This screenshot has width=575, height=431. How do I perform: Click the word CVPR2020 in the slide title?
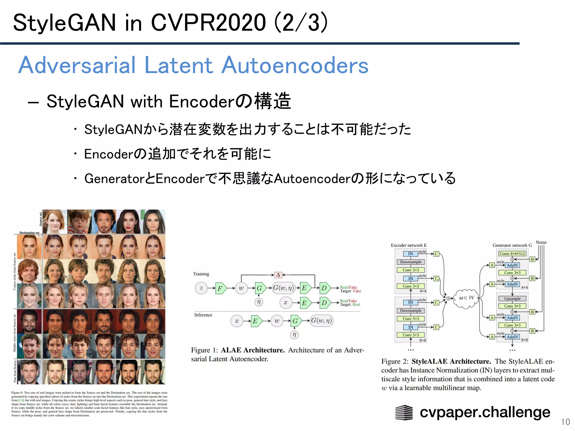[x=208, y=23]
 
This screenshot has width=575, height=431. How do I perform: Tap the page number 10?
[x=565, y=422]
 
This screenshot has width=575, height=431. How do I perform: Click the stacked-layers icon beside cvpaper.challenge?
[x=404, y=412]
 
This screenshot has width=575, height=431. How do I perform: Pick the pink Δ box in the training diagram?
[x=278, y=275]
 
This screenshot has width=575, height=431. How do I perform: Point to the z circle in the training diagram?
[x=201, y=288]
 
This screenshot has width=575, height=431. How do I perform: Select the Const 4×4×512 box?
[x=512, y=253]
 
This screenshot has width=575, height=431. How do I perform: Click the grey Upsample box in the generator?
[x=512, y=299]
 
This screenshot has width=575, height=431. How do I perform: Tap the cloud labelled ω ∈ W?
[x=466, y=298]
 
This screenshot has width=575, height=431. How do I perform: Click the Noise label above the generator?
[x=541, y=242]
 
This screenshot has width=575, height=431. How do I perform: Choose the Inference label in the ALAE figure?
[x=203, y=315]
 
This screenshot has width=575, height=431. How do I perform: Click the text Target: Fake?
[x=350, y=291]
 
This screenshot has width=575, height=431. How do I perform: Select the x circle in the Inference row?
[x=237, y=321]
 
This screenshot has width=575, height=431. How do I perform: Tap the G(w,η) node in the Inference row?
[x=321, y=321]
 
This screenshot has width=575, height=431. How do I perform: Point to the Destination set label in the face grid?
[x=29, y=233]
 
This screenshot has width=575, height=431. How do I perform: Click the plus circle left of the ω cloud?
[x=448, y=298]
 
